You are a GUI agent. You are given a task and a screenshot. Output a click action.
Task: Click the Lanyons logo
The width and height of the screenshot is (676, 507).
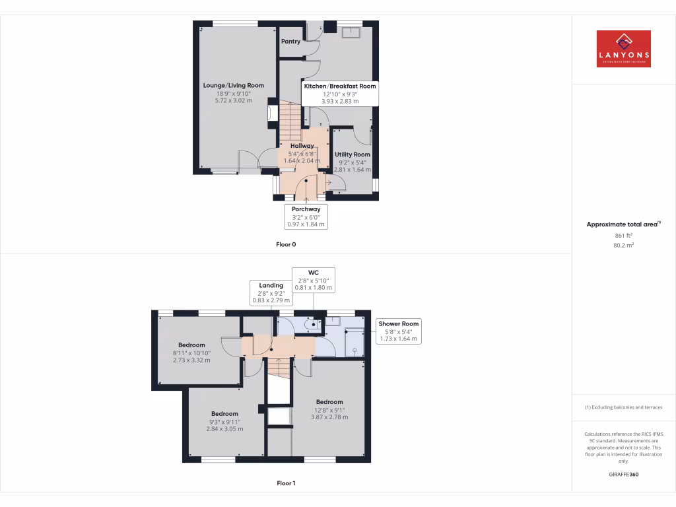[x=623, y=49]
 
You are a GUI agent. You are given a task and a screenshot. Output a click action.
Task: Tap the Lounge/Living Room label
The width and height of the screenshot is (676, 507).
[x=233, y=86]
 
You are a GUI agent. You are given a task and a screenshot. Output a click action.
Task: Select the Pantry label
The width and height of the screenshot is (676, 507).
[x=290, y=42]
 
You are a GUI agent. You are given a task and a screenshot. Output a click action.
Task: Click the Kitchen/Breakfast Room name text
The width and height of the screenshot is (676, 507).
[x=340, y=86]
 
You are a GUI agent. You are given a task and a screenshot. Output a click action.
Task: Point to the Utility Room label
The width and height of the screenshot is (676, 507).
[x=352, y=154]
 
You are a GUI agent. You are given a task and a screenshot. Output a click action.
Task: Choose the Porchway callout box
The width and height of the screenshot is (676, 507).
[x=306, y=217]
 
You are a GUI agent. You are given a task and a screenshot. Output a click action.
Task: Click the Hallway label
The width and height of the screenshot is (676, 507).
[x=302, y=146]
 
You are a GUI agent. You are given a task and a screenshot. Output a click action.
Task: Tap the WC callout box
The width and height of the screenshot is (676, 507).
[x=314, y=280]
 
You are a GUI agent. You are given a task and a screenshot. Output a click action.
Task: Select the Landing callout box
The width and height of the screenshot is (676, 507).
[x=271, y=292]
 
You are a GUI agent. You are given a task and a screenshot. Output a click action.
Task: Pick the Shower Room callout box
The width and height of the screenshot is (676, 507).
[x=399, y=331]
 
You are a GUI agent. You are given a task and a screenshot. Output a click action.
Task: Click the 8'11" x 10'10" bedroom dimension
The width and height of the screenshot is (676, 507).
[x=191, y=353]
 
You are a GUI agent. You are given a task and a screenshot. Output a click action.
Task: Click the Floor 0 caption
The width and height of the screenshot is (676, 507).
[x=286, y=244]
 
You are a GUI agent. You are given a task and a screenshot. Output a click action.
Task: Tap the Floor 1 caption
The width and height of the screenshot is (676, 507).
[x=286, y=483]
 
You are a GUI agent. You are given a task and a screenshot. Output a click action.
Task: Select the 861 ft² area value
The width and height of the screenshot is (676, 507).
[x=623, y=235]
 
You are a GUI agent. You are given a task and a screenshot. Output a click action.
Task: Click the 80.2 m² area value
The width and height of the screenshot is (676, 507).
[x=623, y=245]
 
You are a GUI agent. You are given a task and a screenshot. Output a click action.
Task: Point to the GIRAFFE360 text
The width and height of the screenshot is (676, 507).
[x=623, y=474]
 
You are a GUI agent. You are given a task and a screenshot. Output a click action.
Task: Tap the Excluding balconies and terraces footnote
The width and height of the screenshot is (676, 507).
[x=623, y=407]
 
